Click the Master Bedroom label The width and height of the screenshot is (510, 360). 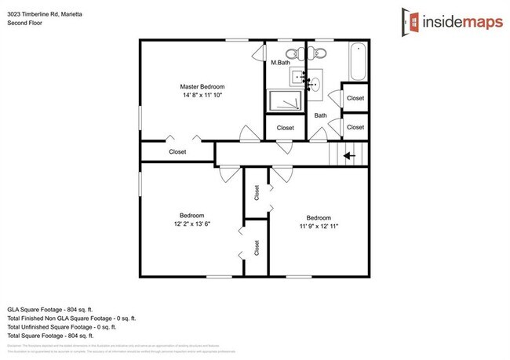(202, 86)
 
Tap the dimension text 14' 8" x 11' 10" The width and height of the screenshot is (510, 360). (202, 96)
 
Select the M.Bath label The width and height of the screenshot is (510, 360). (281, 62)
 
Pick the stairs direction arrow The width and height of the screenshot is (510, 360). (348, 155)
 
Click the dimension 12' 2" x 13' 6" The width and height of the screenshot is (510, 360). (191, 224)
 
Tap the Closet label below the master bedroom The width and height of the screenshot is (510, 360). (177, 152)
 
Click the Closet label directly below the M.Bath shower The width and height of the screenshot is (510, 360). (285, 127)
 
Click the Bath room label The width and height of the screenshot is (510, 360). (320, 115)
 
